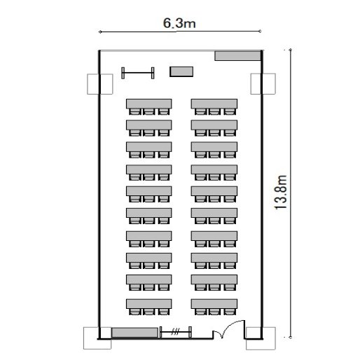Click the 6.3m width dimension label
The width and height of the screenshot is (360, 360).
[x=179, y=23]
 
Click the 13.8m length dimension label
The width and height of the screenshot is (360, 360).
[x=281, y=193]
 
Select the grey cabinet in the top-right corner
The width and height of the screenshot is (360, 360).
[x=237, y=56]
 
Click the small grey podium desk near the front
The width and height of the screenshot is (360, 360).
[x=181, y=71]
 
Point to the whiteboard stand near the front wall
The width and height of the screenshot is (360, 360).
[x=138, y=73]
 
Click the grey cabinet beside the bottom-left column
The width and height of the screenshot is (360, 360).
[x=134, y=333]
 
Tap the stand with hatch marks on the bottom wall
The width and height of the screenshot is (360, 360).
[x=176, y=332]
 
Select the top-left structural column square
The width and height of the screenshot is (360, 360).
[x=100, y=84]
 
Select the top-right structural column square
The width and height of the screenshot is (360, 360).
[x=263, y=84]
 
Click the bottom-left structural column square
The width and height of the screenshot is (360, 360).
[x=97, y=338]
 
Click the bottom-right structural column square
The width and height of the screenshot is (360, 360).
[x=261, y=338]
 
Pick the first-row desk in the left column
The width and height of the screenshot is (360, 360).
[x=149, y=104]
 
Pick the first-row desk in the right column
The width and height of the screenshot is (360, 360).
[x=214, y=104]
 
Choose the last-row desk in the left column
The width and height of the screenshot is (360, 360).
[x=149, y=304]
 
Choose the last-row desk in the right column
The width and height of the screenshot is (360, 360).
[x=214, y=304]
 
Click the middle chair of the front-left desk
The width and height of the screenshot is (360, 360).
[x=149, y=111]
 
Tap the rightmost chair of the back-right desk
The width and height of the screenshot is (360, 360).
[x=230, y=312]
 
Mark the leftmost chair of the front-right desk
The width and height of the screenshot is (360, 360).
[x=200, y=111]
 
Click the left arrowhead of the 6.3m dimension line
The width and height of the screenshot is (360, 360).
[x=100, y=32]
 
